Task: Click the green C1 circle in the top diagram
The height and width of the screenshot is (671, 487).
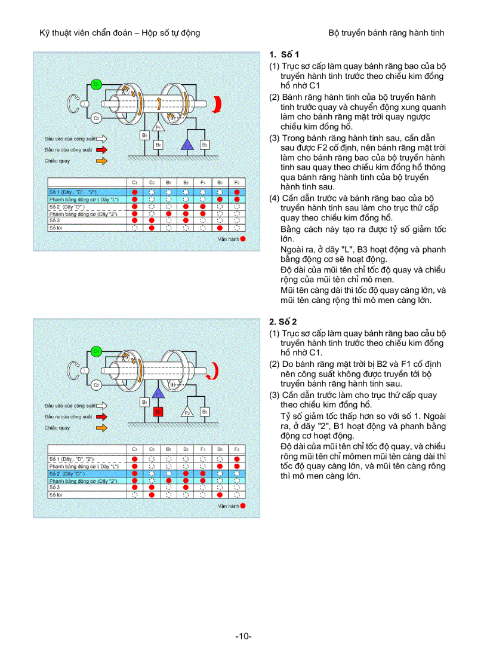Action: pos(95,85)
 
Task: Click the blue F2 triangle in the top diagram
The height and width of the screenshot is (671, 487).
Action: pos(186,144)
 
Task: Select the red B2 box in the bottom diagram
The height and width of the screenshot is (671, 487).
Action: pos(158,411)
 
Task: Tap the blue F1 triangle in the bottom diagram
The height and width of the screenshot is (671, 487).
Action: pos(158,393)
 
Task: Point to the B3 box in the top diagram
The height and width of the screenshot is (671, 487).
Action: pos(204,144)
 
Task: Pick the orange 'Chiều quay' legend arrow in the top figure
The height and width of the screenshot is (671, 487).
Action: pos(102,161)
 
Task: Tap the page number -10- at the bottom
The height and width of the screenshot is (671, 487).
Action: pos(243,636)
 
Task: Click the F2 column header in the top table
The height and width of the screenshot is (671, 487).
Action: pos(237,182)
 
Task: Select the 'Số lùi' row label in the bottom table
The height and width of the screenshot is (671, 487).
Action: pos(55,495)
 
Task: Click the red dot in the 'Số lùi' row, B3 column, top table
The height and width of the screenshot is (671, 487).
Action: pos(220,228)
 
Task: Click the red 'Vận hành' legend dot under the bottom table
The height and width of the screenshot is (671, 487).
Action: pos(242,505)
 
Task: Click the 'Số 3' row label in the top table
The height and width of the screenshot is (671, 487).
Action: pos(54,220)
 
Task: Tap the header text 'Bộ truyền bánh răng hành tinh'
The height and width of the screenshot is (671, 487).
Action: pos(386,32)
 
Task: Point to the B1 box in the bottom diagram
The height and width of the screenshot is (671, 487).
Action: pos(144,402)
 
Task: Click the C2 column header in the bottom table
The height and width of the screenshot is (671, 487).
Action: pos(152,449)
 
